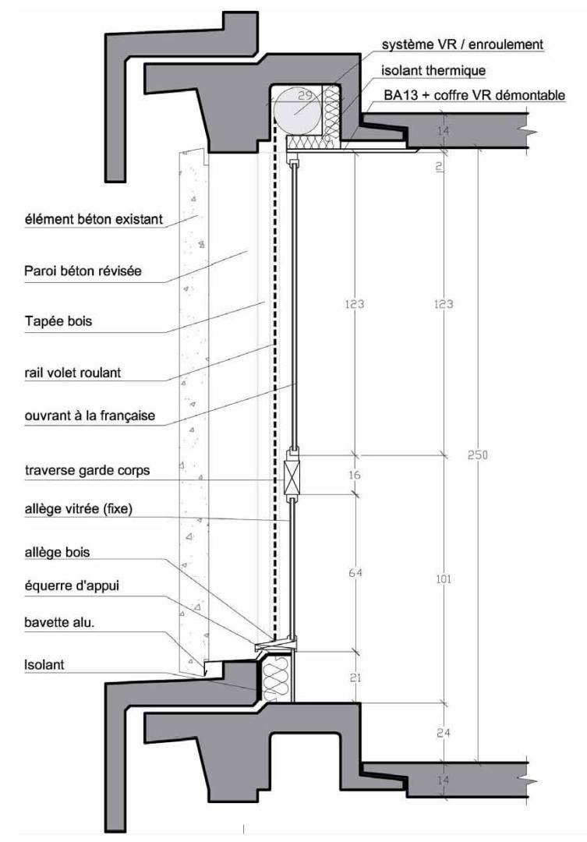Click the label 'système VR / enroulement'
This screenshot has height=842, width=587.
pos(462,44)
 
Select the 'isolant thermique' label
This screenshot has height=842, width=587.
pos(433,70)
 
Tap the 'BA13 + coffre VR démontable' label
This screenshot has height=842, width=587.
pos(474,95)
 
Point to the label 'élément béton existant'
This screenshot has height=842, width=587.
pos(94,219)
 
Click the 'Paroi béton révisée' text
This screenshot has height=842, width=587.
pos(83,271)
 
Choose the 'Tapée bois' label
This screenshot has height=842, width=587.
pos(58,321)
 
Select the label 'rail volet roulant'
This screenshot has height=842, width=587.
pos(72,372)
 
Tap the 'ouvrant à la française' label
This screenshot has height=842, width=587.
pos(90,416)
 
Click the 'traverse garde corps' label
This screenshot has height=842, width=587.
pos(87,470)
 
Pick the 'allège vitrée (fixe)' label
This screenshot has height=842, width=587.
pos(78,508)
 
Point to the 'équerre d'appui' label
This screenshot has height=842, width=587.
pos(72,586)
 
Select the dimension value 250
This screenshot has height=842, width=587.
pos(477,455)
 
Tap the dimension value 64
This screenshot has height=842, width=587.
pos(355,573)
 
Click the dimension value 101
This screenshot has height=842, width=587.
pos(443,578)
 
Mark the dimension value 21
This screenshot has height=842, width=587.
pos(355,677)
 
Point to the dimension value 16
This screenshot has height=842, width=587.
pos(355,475)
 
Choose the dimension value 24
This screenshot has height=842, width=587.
pos(443,732)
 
